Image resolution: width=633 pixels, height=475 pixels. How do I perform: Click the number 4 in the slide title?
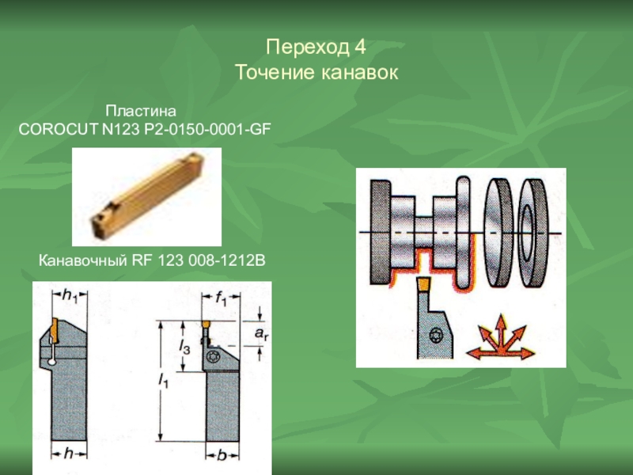[x=361, y=47]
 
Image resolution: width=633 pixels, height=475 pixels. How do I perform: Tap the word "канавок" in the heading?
[x=360, y=73]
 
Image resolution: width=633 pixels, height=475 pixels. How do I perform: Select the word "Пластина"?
[x=141, y=111]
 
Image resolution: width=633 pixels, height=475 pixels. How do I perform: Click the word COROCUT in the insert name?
[x=58, y=129]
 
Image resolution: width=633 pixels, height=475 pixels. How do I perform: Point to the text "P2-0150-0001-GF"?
[x=205, y=129]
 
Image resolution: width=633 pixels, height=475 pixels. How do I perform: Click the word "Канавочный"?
[x=83, y=260]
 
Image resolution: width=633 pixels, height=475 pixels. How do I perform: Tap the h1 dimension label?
[x=70, y=295]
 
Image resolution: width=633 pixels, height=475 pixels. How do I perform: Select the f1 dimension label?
[x=221, y=298]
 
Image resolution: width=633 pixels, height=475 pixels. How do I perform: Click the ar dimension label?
[x=261, y=334]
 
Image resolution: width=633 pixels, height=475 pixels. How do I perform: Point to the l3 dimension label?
[x=184, y=347]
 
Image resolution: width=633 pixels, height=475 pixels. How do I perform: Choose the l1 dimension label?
[x=163, y=381]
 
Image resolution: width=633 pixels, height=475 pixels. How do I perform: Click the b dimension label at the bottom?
[x=222, y=455]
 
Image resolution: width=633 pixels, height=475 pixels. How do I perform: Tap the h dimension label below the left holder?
[x=69, y=453]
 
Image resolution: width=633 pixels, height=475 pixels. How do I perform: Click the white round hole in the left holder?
[x=51, y=362]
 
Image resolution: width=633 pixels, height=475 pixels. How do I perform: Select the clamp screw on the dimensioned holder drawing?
[x=212, y=357]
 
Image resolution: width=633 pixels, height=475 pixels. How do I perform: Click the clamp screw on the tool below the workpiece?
[x=436, y=335]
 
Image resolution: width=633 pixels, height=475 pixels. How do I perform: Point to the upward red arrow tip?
[x=501, y=315]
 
